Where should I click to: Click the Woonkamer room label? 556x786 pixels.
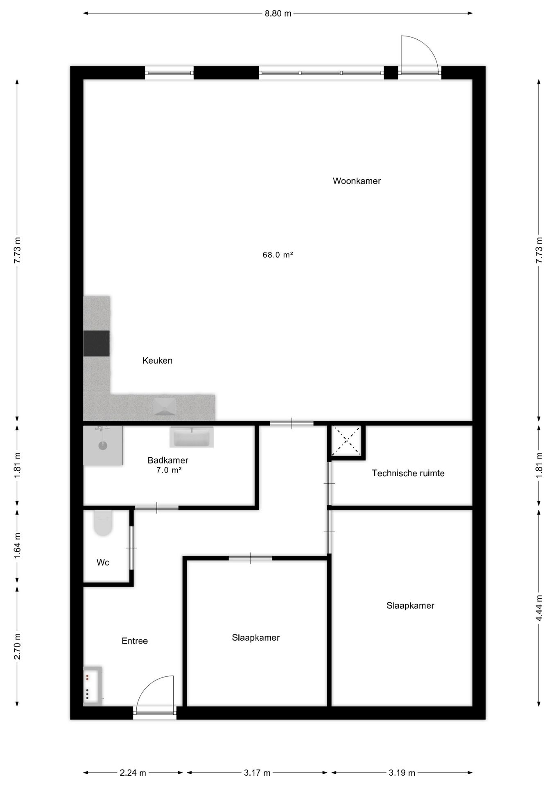point(357,181)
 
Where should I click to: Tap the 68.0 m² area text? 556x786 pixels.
point(278,255)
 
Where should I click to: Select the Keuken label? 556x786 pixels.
point(157,361)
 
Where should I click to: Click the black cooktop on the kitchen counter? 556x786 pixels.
point(97,343)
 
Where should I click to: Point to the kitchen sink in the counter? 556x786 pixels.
point(165,407)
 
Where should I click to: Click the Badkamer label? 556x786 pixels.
point(168,460)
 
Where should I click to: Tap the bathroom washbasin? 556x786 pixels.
point(192,437)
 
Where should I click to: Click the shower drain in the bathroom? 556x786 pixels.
point(102,446)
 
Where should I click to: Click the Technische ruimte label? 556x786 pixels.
point(408,473)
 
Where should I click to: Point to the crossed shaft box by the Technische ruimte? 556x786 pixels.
point(346,440)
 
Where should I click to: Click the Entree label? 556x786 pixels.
point(135,641)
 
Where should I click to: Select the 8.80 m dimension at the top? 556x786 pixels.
point(278,14)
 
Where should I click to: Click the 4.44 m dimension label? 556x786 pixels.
point(539,608)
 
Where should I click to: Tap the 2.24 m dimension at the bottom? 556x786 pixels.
point(133,773)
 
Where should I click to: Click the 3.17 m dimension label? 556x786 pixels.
point(257,773)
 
